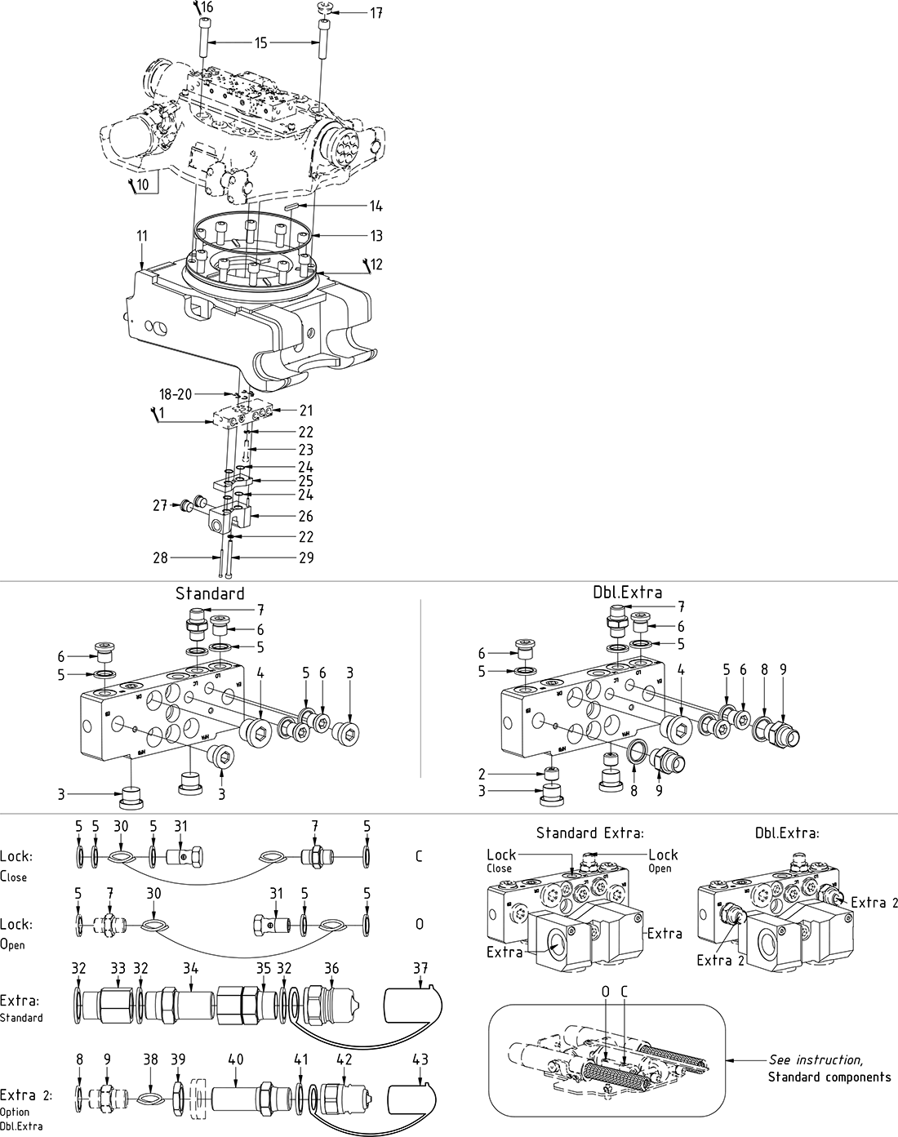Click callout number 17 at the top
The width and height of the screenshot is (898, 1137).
pos(376,13)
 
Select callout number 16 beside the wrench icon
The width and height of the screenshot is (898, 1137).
pos(207,8)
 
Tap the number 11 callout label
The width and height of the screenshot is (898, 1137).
pos(142,236)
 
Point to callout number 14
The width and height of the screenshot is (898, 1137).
pos(376,207)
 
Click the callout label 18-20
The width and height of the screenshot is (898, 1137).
pos(176,393)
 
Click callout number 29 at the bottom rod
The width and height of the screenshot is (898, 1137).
pos(305,558)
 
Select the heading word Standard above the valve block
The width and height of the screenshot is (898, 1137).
pos(210,593)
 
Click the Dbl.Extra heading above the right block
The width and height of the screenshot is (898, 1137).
pos(627,593)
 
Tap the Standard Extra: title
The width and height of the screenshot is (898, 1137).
pos(590,833)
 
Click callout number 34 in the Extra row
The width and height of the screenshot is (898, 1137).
pos(190,968)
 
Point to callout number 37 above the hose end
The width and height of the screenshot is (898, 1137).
pos(421,968)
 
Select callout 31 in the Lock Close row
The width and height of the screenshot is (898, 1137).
pos(180,827)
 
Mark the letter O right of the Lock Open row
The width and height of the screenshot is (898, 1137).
pos(420,925)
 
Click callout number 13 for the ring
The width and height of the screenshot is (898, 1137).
pos(376,237)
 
